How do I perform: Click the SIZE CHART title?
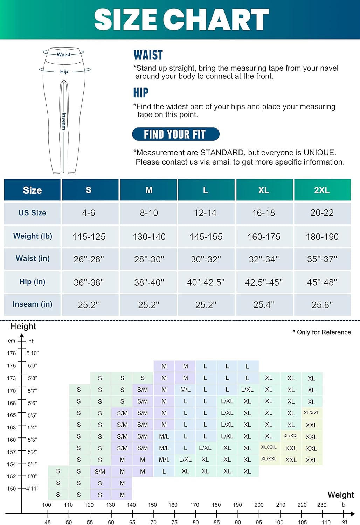(x=181, y=20)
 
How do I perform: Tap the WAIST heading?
(x=148, y=55)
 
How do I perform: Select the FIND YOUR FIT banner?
(x=175, y=134)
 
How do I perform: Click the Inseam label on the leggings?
(x=64, y=121)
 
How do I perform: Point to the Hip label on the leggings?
(x=64, y=71)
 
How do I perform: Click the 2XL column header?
(x=322, y=190)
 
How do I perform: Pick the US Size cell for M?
(x=149, y=213)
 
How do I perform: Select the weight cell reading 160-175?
(x=264, y=237)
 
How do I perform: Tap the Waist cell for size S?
(x=89, y=259)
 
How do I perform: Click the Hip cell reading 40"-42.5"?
(x=206, y=282)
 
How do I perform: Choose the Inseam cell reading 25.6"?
(x=322, y=305)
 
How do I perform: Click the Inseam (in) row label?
(x=32, y=304)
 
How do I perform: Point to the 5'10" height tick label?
(x=33, y=353)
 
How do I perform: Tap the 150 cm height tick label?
(x=12, y=489)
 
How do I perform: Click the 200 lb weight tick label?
(x=259, y=505)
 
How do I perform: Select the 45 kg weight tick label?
(x=48, y=522)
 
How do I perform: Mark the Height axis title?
(x=23, y=326)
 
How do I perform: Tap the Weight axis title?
(x=340, y=495)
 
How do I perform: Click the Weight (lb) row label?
(x=33, y=236)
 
